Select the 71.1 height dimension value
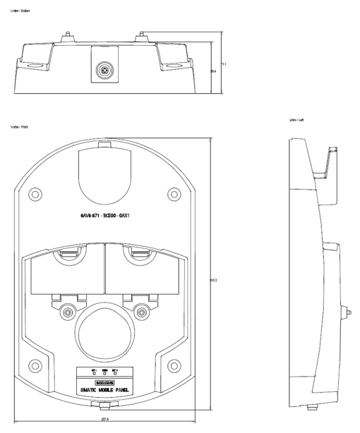(224, 65)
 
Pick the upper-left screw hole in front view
(35, 193)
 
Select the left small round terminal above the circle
(68, 311)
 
